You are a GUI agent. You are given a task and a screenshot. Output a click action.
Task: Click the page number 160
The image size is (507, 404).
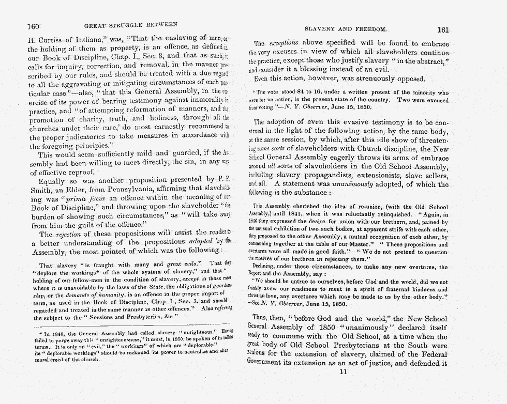click(34, 25)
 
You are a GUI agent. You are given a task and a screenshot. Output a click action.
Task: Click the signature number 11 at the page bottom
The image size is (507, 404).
click(341, 371)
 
